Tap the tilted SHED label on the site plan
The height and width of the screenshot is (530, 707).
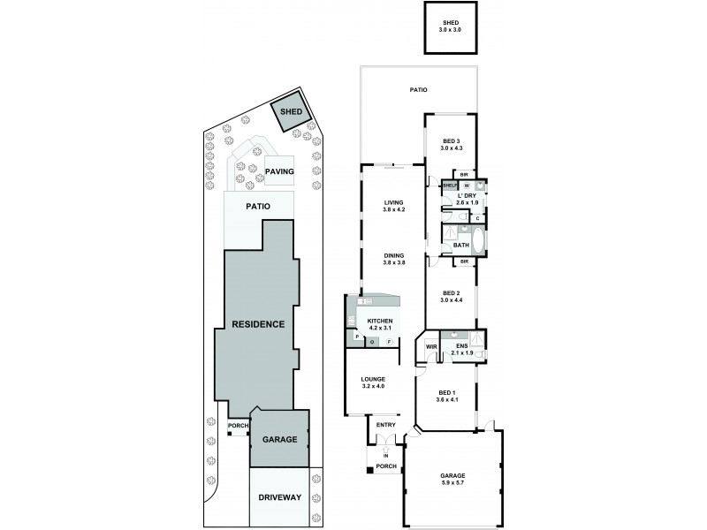click(x=291, y=112)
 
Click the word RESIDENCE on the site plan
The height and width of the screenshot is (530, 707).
click(x=258, y=324)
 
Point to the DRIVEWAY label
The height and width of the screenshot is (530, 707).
click(x=280, y=497)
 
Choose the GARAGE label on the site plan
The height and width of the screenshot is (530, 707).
click(x=279, y=439)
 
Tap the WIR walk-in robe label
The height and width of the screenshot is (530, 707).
click(x=430, y=347)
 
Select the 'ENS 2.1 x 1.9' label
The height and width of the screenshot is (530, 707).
click(x=462, y=350)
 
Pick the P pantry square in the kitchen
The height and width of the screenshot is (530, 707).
click(x=356, y=337)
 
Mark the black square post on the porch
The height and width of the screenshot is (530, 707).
click(x=369, y=469)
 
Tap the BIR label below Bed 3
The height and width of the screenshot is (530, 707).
click(x=463, y=175)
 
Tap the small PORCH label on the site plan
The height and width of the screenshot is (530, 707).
click(x=238, y=426)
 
